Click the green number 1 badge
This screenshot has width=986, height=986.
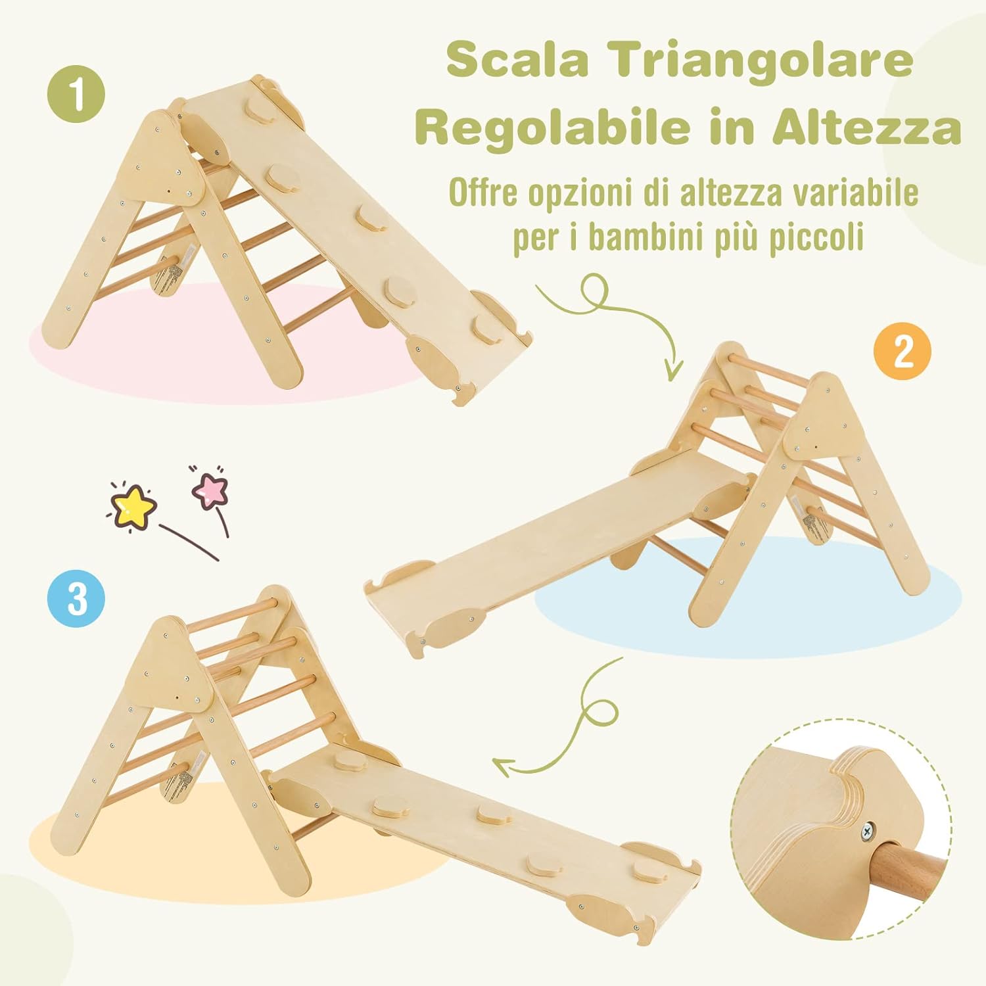point(77,94)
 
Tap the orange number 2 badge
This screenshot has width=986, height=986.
point(902,352)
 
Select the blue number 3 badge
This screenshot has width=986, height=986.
point(76,598)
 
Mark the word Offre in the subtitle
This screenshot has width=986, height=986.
point(485,193)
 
